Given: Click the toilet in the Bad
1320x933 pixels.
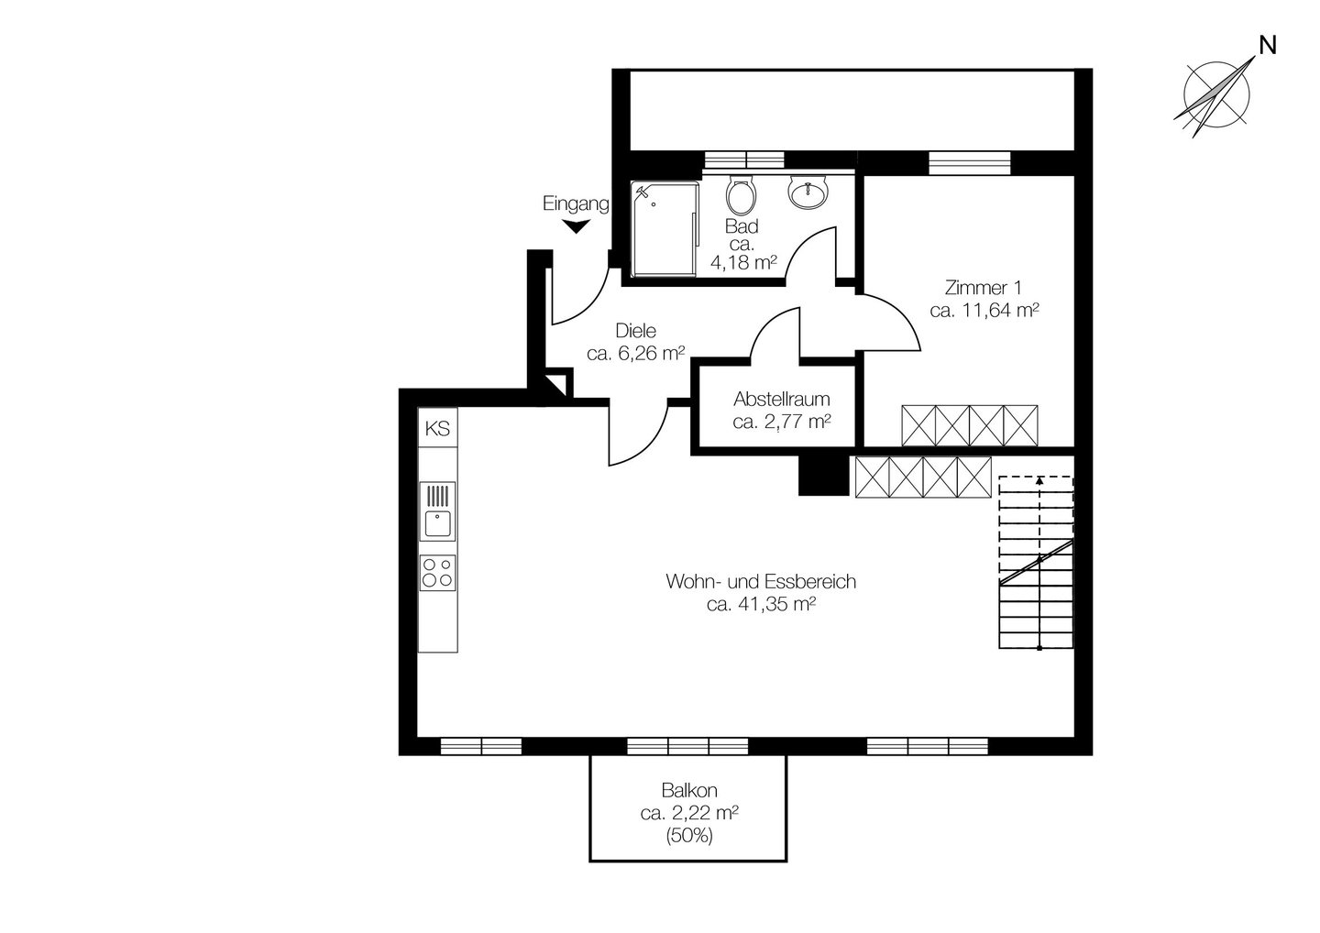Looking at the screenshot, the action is tap(742, 195).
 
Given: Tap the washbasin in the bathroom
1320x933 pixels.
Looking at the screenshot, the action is tap(809, 192).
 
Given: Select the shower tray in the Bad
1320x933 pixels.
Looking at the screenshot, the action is tap(665, 228).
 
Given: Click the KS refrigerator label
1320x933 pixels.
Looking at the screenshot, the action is tap(437, 429).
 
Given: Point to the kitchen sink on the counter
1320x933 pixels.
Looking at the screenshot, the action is tap(437, 511).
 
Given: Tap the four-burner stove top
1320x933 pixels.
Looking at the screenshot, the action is tap(437, 573).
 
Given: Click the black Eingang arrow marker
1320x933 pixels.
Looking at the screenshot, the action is tap(576, 226).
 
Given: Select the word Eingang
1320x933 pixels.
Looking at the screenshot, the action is tap(576, 203).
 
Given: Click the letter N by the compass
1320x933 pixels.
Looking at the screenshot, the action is tap(1268, 45).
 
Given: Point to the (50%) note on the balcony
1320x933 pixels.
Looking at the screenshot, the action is tap(689, 836).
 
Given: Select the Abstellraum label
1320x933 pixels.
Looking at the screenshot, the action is tap(781, 399).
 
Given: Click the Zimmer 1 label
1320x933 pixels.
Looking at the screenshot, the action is tap(984, 288).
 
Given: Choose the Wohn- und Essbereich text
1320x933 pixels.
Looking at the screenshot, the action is tap(761, 581).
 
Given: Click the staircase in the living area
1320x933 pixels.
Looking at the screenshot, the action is tap(1036, 563).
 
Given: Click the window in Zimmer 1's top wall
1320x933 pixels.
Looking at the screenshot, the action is tap(970, 163).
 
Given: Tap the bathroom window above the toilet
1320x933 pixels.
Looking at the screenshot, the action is tap(745, 160).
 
